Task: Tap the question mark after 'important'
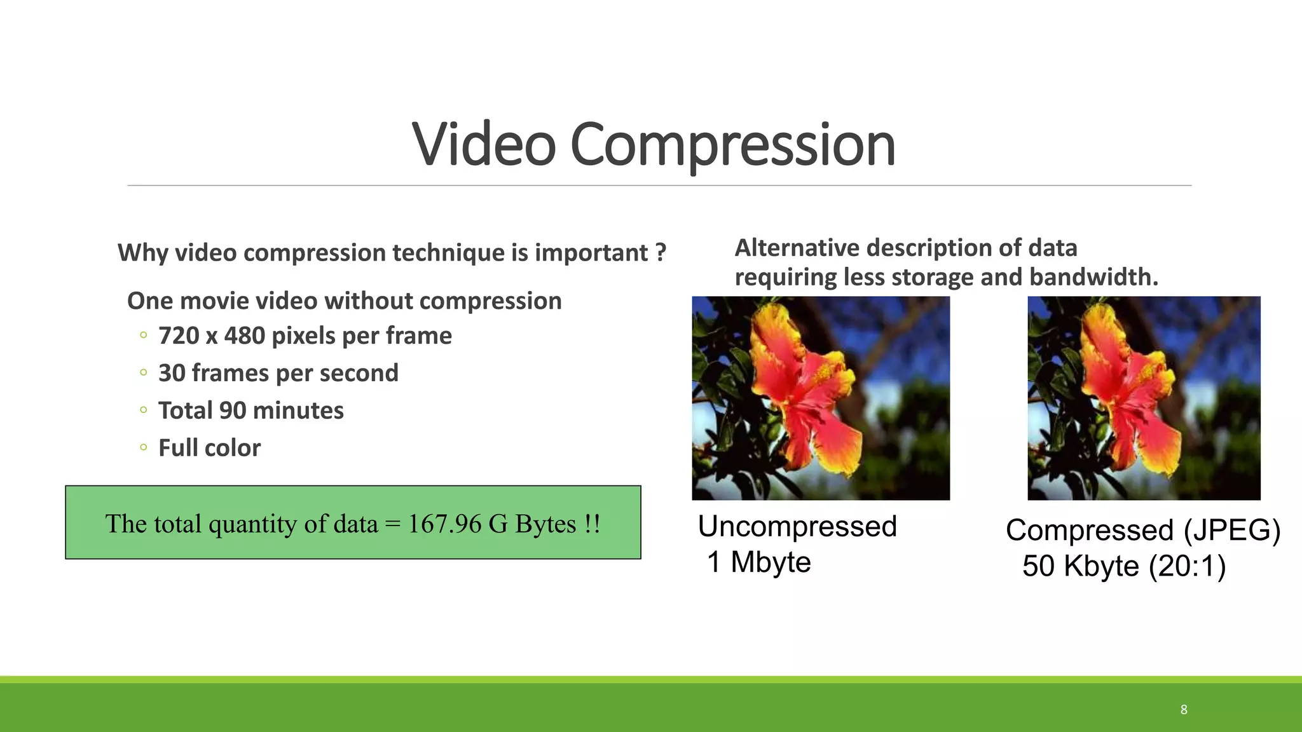tap(661, 252)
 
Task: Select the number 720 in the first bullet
tap(179, 335)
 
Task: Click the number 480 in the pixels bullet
tap(244, 335)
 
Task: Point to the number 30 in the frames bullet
tap(172, 373)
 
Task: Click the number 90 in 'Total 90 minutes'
tap(233, 410)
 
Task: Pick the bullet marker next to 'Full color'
tap(144, 447)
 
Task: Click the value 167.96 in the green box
tap(444, 524)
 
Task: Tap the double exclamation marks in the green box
tap(592, 524)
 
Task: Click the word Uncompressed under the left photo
tap(797, 527)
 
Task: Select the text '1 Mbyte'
tap(759, 562)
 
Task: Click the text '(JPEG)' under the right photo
tap(1231, 531)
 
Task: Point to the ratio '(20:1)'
tap(1187, 566)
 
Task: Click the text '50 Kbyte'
tap(1081, 566)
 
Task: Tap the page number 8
tap(1184, 709)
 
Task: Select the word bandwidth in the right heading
tap(1093, 277)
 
